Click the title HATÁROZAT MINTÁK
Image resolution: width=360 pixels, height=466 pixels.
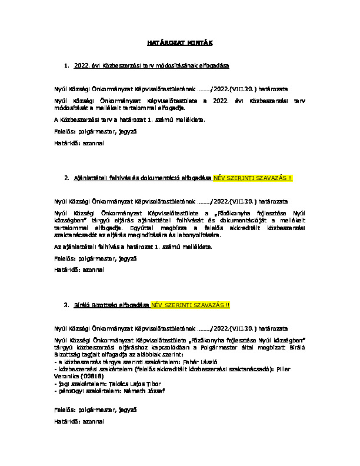pos(179,43)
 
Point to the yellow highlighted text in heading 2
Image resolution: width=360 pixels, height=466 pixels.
pos(252,177)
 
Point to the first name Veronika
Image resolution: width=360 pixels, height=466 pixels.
pos(65,376)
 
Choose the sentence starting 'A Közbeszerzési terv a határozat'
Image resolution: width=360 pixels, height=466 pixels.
pos(128,119)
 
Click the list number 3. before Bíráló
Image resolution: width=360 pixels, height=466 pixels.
pos(66,306)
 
